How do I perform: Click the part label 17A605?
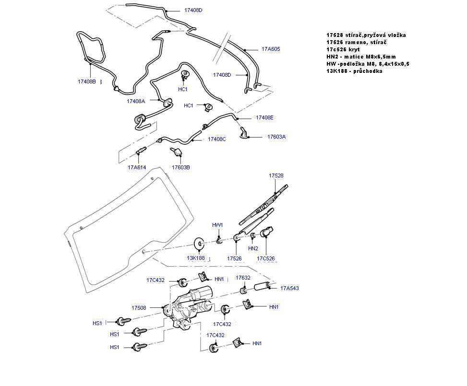coord(271,49)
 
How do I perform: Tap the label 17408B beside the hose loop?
coord(87,82)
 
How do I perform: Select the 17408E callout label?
coord(264,117)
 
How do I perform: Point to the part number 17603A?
coord(276,137)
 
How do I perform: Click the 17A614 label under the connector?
coord(137,167)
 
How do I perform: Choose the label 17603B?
coord(181,167)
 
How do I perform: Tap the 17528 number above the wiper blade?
coord(276,176)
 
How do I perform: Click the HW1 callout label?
coord(218,225)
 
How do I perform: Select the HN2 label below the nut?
coord(253,248)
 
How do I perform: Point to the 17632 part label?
coord(243,278)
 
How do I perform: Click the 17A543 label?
coord(289,288)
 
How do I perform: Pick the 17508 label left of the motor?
coord(139,308)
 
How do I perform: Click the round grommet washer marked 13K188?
coord(199,244)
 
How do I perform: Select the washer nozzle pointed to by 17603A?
coord(244,131)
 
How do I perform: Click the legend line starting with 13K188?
coord(354,71)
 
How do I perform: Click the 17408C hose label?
coord(216,139)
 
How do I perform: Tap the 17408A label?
coord(136,101)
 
